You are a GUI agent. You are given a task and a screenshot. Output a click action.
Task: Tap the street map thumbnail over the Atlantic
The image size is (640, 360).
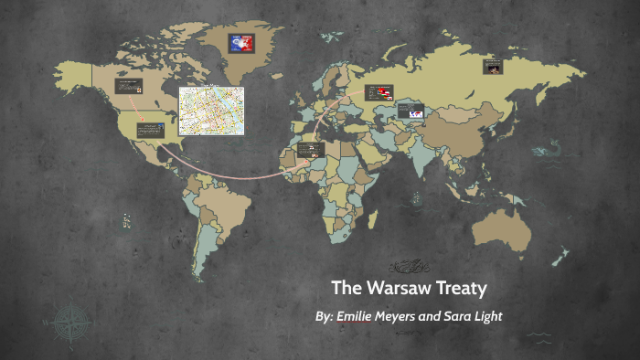coord(211,110)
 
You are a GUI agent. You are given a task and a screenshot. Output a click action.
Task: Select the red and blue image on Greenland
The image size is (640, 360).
coord(242,42)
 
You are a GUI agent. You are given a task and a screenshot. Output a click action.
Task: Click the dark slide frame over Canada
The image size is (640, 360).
coord(127,88)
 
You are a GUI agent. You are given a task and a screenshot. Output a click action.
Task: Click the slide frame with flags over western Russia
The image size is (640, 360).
coord(379,92)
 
